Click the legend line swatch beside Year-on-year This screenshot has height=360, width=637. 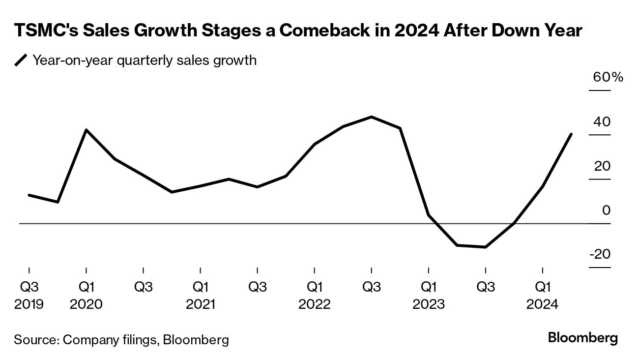tap(21, 60)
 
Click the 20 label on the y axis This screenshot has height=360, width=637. tap(602, 166)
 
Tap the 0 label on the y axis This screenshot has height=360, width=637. tap(606, 210)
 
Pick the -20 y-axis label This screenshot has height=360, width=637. tap(600, 255)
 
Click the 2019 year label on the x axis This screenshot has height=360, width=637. tap(29, 304)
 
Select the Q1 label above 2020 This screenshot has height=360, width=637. tap(86, 287)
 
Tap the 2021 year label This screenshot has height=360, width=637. tap(201, 304)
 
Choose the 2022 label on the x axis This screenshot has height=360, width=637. tap(315, 304)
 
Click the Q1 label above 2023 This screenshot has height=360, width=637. tap(429, 287)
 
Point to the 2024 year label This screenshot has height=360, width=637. tap(543, 304)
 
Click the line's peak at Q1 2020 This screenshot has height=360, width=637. tap(87, 130)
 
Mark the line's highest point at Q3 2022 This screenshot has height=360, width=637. tap(372, 117)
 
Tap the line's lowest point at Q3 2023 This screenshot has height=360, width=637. tap(486, 247)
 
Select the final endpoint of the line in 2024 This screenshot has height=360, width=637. tap(571, 134)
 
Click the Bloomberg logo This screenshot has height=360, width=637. tap(582, 338)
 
